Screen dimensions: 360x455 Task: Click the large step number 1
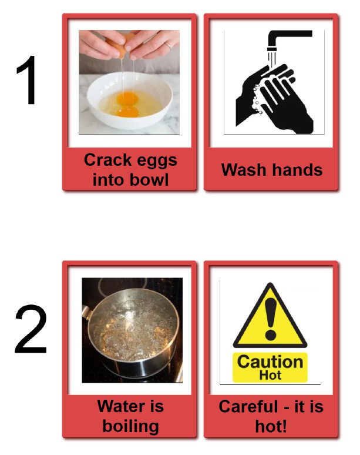(x=28, y=80)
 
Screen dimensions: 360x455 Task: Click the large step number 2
(x=31, y=329)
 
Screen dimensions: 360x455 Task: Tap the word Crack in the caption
(x=108, y=160)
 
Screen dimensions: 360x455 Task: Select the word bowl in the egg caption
(x=149, y=180)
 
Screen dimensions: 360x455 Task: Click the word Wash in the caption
(x=244, y=169)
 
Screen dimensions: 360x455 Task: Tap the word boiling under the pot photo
(x=131, y=427)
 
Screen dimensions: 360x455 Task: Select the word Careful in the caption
(x=249, y=406)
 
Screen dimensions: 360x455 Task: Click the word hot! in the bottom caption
(x=271, y=426)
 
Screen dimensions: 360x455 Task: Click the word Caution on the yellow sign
(x=270, y=362)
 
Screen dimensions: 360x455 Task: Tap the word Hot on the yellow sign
(x=270, y=375)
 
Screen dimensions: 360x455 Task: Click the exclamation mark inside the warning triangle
(x=271, y=319)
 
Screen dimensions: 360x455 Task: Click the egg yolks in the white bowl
(x=127, y=104)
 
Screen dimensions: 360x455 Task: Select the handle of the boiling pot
(x=87, y=312)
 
